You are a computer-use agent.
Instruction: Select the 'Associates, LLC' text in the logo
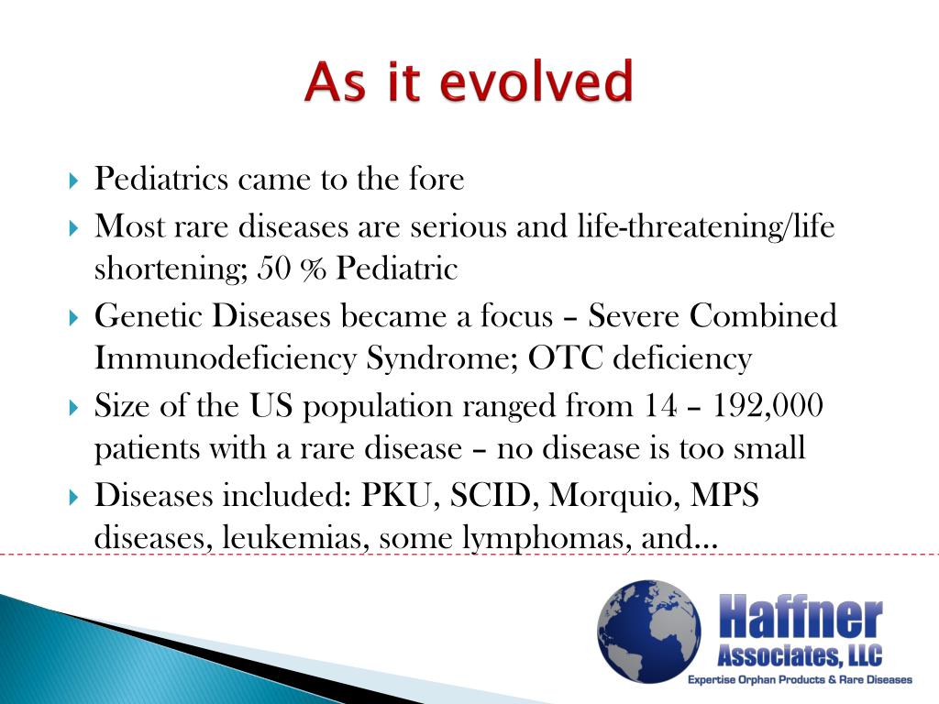tap(799, 655)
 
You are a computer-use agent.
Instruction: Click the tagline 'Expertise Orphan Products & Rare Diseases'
tap(801, 680)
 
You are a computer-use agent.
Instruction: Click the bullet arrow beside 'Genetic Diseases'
tap(75, 317)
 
